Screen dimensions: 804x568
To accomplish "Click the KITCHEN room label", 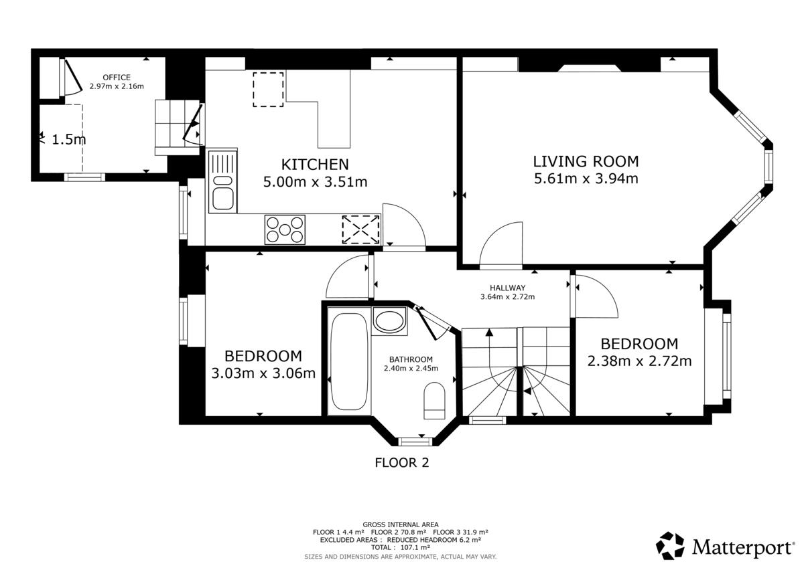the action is (x=315, y=165).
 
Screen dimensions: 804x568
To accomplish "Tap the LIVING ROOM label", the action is (x=586, y=162).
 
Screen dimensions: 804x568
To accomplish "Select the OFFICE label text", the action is (x=117, y=78).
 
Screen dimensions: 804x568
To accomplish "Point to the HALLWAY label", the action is (x=508, y=288).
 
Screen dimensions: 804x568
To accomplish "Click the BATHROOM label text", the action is (x=411, y=359).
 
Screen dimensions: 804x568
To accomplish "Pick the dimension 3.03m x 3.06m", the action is (x=263, y=373).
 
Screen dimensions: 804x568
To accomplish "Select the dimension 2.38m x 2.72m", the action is (x=639, y=361).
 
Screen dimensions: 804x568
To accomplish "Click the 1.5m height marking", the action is (x=69, y=139).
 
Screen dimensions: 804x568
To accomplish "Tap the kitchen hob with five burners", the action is (x=285, y=229).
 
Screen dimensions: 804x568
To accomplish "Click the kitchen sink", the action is (x=222, y=182).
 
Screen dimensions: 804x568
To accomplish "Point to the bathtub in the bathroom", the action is (x=349, y=361).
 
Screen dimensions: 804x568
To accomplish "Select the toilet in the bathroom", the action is (x=434, y=401).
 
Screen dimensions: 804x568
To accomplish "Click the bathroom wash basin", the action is (x=389, y=320).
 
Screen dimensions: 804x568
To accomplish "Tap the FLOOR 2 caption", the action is (x=401, y=463).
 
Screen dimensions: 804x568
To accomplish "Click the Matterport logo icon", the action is (x=670, y=546).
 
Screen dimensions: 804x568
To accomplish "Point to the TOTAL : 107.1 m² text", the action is (x=401, y=547).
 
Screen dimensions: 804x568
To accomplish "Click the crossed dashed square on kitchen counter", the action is (x=360, y=229).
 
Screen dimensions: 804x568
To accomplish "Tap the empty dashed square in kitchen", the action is (x=268, y=89).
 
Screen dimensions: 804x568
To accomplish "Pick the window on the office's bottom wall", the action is (x=84, y=177).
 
